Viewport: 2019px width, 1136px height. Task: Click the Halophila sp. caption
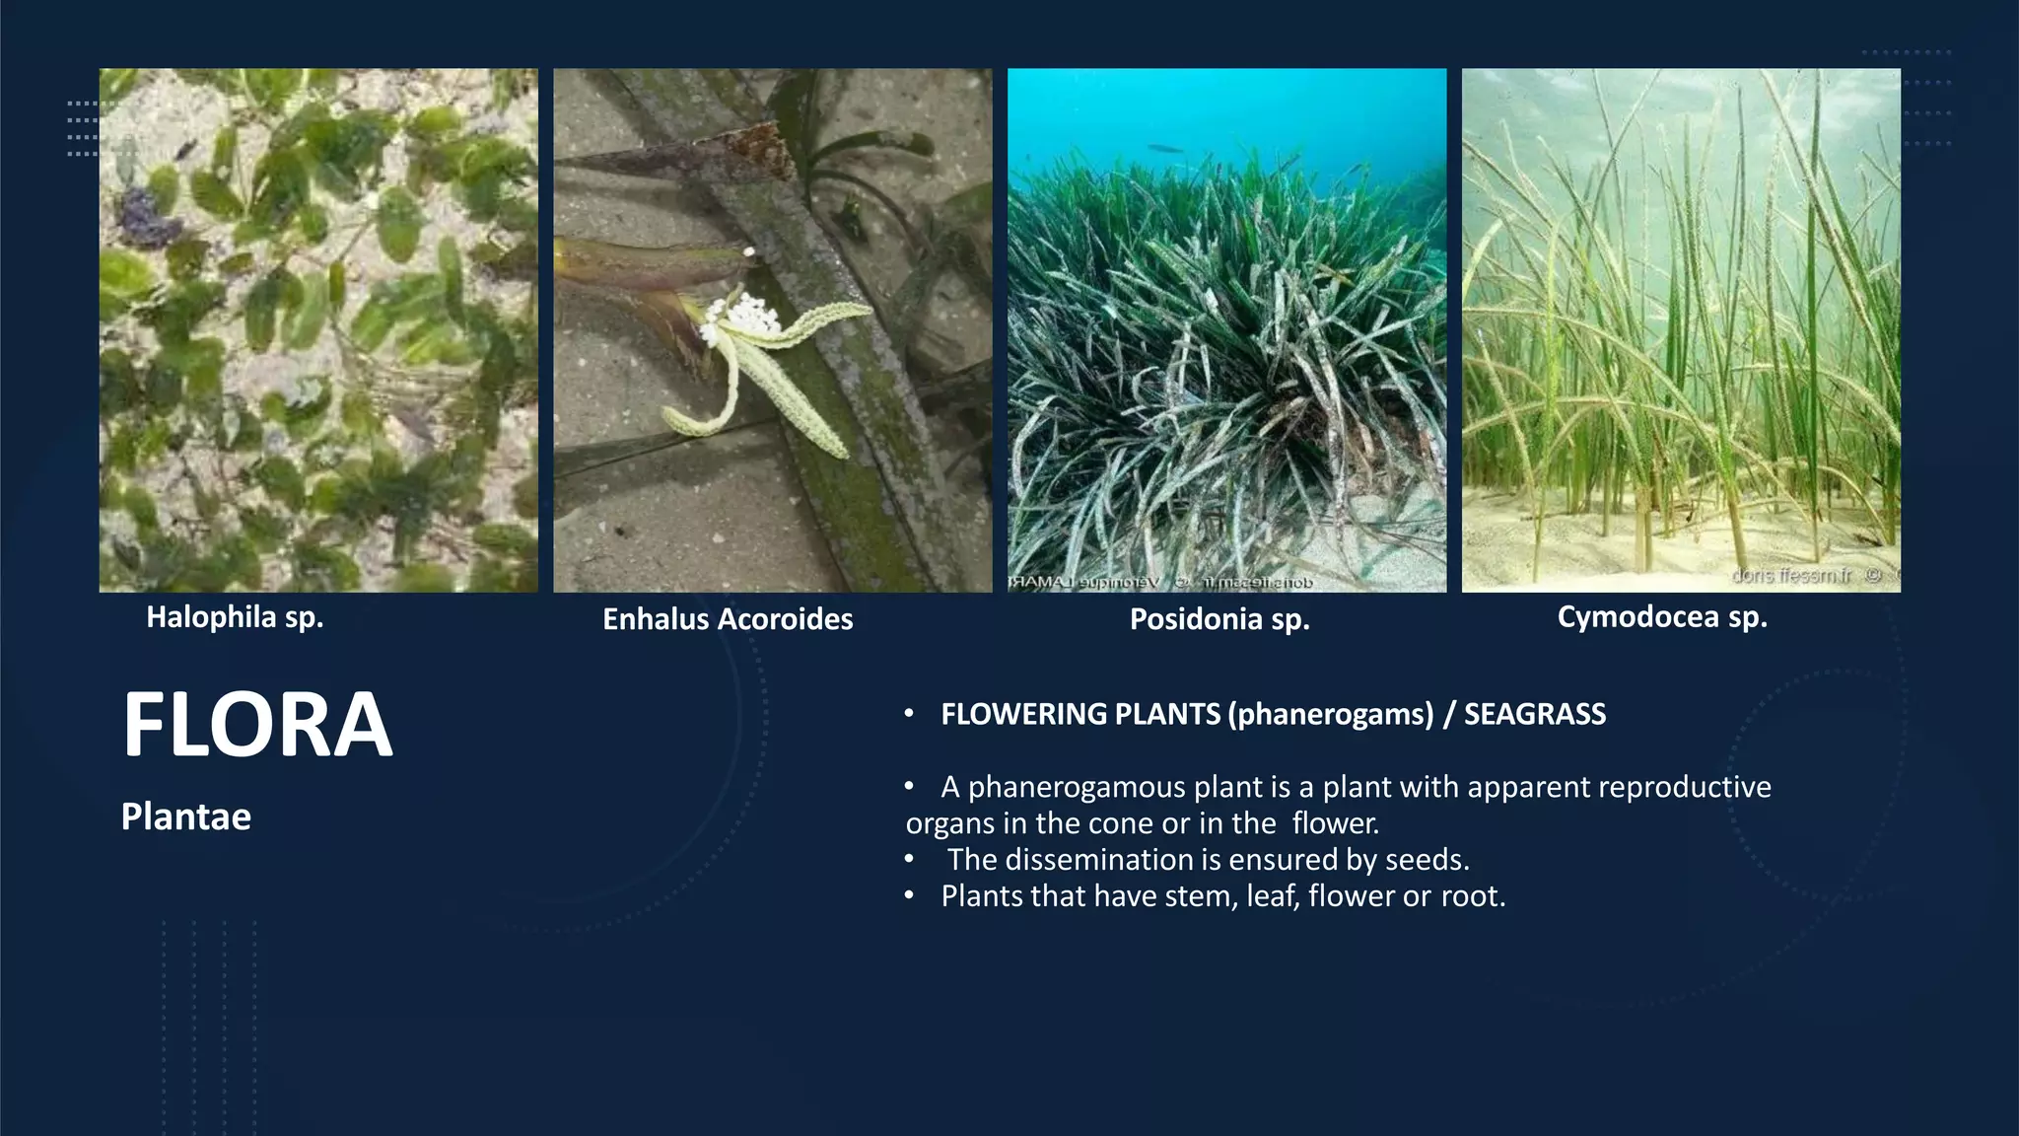[235, 617]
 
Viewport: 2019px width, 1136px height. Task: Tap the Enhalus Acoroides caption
[728, 619]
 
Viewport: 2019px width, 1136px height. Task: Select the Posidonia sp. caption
[1219, 619]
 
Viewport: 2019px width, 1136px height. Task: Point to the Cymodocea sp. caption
[1662, 617]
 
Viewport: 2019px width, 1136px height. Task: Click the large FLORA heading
[257, 725]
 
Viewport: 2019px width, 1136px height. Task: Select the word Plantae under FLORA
[186, 816]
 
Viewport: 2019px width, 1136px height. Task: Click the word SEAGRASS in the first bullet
[1534, 714]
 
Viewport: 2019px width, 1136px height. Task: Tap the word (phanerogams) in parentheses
[1331, 714]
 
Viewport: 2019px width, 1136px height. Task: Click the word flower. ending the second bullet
[1335, 823]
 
